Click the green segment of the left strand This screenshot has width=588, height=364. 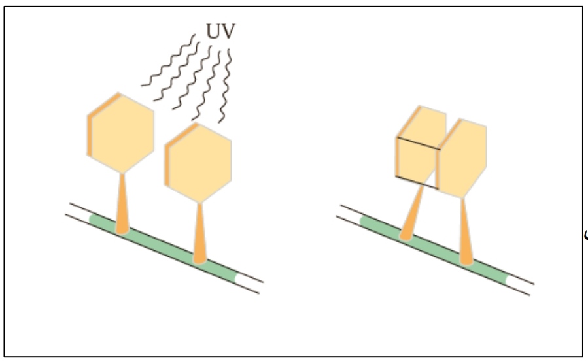pos(164,245)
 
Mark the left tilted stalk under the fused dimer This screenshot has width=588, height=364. pos(412,216)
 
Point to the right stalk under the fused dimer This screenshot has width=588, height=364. pos(466,232)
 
